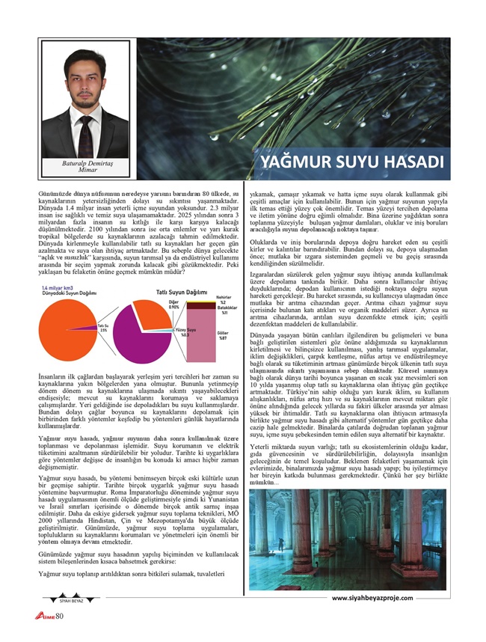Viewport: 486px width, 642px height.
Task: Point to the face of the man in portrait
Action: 84,85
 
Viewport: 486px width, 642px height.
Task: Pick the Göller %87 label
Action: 222,335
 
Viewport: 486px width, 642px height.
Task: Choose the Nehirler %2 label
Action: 222,299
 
